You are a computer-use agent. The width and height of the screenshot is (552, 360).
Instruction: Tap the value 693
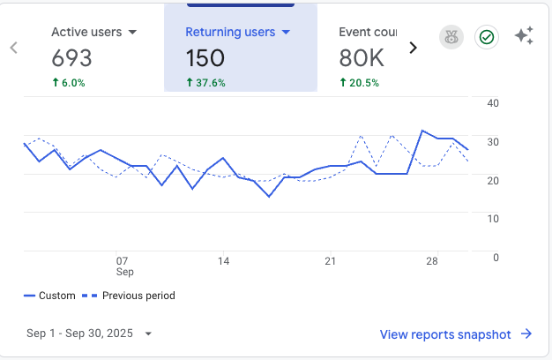click(71, 58)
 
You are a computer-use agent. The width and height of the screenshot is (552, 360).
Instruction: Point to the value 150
click(205, 58)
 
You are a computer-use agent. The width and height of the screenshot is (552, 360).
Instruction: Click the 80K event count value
click(361, 58)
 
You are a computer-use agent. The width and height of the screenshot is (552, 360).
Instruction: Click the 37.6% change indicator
click(205, 83)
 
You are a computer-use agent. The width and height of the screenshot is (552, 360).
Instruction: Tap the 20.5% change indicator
click(359, 83)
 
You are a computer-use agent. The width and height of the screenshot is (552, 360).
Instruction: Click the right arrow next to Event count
click(413, 48)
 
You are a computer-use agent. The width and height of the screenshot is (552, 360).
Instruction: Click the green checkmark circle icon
click(486, 37)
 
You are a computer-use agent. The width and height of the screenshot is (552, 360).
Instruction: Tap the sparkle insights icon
click(525, 36)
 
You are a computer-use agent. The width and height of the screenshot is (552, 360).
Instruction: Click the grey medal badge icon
click(451, 37)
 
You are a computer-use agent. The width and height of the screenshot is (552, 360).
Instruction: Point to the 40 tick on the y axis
click(493, 103)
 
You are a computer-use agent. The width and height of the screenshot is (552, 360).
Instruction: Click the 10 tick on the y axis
click(493, 218)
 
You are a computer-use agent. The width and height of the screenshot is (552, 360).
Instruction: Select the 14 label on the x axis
click(224, 261)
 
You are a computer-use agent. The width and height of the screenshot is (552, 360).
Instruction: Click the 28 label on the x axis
click(431, 261)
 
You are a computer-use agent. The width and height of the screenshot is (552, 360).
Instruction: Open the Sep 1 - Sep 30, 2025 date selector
click(89, 334)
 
